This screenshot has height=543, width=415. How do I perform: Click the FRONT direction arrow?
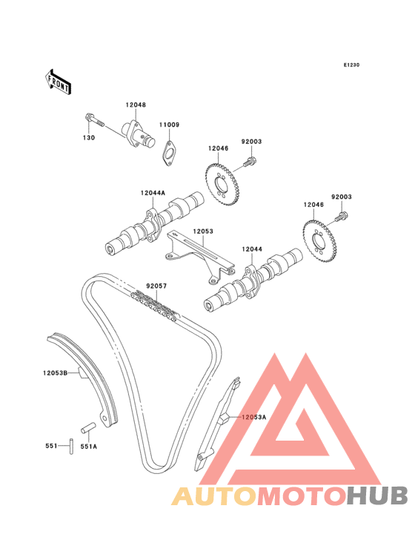coord(59,82)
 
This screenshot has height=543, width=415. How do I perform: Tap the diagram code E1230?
coord(351,65)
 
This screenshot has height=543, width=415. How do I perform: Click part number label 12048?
coord(136,105)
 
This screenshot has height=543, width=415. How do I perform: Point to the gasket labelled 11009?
coord(168,152)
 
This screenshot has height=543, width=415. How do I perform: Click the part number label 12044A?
coord(153,193)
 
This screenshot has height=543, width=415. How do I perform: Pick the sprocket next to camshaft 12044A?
coord(221,185)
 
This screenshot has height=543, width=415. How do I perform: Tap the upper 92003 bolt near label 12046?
coord(249,162)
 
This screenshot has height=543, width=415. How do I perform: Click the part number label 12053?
coord(203,231)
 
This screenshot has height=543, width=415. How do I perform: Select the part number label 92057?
coord(156,286)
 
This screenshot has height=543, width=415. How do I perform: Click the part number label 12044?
coord(252,249)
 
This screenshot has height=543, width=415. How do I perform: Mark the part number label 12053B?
coord(55,373)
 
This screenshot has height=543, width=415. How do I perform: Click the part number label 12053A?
coord(254,417)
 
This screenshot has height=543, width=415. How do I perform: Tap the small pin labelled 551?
coord(71,446)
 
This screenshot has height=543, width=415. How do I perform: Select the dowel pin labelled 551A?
coord(88,427)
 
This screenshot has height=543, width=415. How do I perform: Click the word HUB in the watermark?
coord(378,496)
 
